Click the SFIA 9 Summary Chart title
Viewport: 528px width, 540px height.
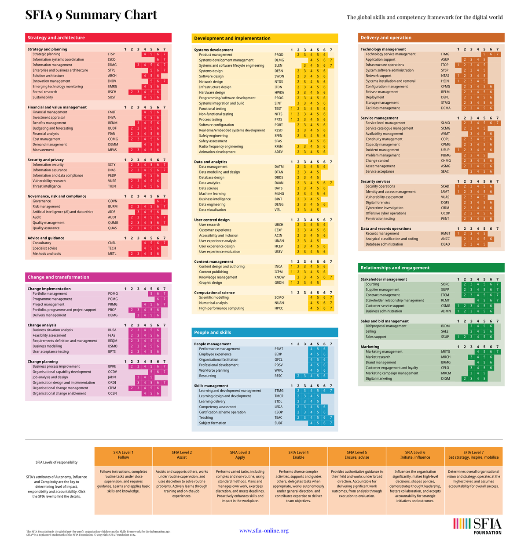91,15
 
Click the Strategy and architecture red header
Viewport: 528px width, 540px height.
98,38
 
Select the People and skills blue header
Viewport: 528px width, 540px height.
265,333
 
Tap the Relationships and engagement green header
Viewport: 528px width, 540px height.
431,268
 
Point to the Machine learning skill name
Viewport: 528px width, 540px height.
212,194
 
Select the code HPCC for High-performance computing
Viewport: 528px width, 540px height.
279,308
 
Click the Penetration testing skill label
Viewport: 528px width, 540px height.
380,219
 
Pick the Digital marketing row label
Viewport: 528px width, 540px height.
378,379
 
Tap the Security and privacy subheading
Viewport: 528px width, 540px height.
46,160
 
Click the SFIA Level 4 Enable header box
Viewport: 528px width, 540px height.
298,455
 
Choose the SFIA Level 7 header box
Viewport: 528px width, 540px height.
473,455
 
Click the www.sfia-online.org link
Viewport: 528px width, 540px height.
264,531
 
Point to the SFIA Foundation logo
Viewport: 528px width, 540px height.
477,526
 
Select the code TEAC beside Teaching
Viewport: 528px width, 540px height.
279,418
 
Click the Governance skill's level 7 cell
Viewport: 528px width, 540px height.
165,201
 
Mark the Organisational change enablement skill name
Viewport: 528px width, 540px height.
59,394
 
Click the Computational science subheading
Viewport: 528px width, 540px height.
214,293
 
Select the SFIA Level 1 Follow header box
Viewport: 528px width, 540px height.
123,455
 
